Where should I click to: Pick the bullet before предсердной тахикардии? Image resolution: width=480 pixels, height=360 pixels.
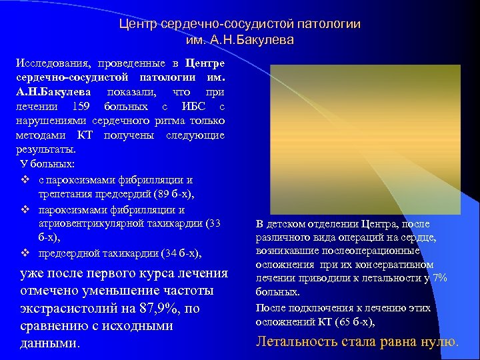[24, 253]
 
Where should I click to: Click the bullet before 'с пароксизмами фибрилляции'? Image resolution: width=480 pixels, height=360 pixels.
[24, 180]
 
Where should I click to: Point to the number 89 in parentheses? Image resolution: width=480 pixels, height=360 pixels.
[160, 194]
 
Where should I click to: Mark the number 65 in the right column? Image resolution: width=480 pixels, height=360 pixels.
[339, 322]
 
